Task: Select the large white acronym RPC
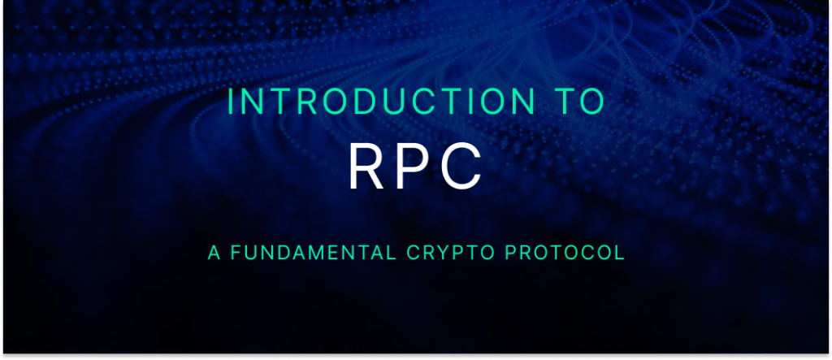pyautogui.click(x=415, y=166)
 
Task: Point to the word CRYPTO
pyautogui.click(x=443, y=253)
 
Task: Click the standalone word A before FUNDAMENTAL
pyautogui.click(x=214, y=253)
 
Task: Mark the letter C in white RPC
pyautogui.click(x=465, y=166)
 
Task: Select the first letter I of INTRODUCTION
pyautogui.click(x=232, y=101)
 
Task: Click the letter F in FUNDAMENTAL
pyautogui.click(x=236, y=253)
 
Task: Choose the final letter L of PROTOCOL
pyautogui.click(x=620, y=253)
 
